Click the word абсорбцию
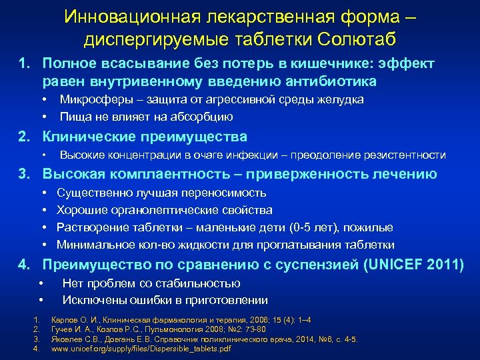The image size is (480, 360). coord(200,117)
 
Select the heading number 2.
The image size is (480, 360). coord(24,137)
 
